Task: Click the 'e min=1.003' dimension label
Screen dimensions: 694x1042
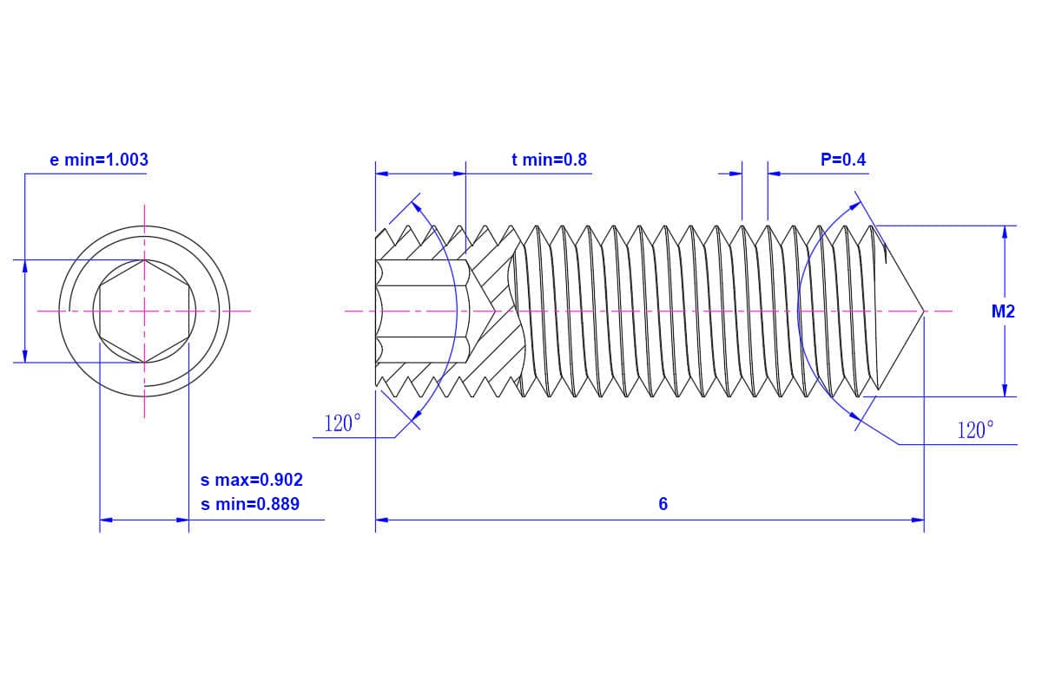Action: pyautogui.click(x=99, y=160)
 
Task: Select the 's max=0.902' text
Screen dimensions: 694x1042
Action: pyautogui.click(x=252, y=480)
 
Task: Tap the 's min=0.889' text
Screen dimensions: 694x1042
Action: pyautogui.click(x=250, y=503)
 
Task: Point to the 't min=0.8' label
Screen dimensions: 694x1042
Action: pyautogui.click(x=549, y=160)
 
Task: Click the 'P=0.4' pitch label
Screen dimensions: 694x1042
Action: pyautogui.click(x=842, y=160)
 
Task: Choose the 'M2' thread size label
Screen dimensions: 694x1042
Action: pyautogui.click(x=1003, y=311)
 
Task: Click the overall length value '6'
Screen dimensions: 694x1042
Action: pyautogui.click(x=663, y=504)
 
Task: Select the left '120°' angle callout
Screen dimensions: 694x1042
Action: pyautogui.click(x=342, y=424)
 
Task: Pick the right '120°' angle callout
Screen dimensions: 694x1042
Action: pyautogui.click(x=974, y=430)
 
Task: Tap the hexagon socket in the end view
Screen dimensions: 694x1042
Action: pyautogui.click(x=144, y=311)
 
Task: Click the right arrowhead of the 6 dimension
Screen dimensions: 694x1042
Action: pyautogui.click(x=917, y=520)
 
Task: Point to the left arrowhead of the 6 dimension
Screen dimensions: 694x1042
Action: pyautogui.click(x=382, y=520)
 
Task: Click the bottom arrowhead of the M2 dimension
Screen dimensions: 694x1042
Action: pyautogui.click(x=1005, y=390)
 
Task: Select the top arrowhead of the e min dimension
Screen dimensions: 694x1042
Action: pyautogui.click(x=25, y=266)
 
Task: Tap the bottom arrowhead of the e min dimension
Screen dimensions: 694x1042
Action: pyautogui.click(x=25, y=356)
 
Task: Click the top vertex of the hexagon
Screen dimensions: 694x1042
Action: pyautogui.click(x=144, y=259)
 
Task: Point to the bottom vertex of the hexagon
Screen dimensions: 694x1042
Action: pyautogui.click(x=144, y=362)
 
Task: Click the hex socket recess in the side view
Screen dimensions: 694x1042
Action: pyautogui.click(x=421, y=311)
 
